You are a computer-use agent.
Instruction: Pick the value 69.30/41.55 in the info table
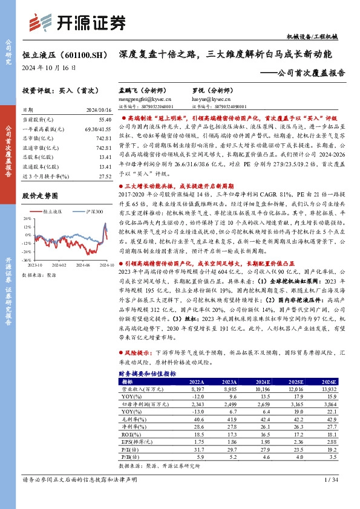pos(99,130)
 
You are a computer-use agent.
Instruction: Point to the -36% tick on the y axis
pos(28,259)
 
